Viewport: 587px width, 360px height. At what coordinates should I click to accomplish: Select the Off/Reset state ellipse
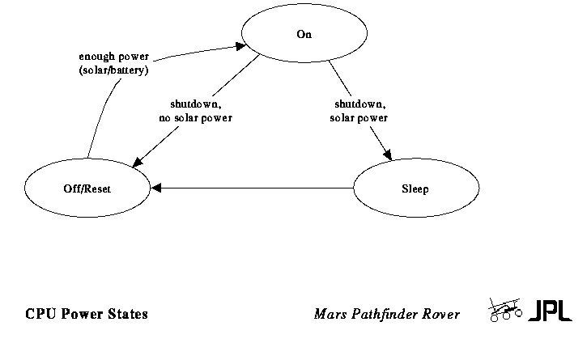point(87,189)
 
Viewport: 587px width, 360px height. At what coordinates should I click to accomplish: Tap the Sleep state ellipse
point(415,189)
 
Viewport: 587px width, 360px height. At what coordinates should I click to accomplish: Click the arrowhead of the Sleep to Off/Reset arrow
point(156,189)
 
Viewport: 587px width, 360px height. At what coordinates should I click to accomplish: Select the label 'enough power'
point(113,57)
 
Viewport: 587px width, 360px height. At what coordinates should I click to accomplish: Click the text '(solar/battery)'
point(113,70)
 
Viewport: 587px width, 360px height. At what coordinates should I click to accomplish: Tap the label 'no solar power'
point(196,119)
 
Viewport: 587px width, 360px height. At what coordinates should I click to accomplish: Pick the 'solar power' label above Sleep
point(359,119)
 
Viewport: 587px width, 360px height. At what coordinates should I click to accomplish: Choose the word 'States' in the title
point(126,314)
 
